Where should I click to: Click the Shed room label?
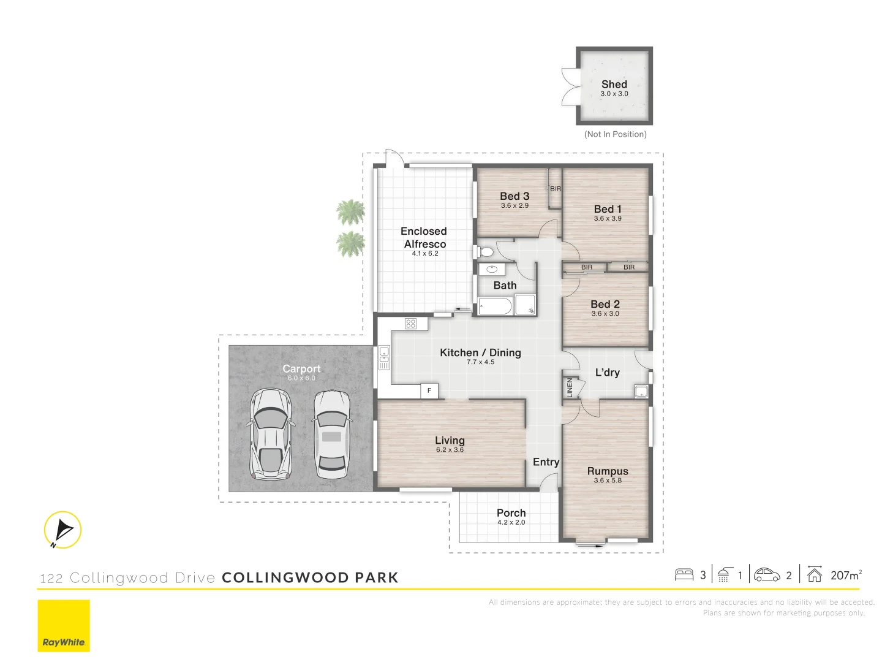pos(614,85)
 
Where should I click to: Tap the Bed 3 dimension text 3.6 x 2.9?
pos(514,206)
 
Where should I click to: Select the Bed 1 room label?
pos(607,209)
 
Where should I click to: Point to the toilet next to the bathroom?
pos(486,252)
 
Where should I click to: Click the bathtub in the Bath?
pos(495,306)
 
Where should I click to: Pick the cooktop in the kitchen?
pos(411,324)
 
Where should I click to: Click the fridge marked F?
pos(429,390)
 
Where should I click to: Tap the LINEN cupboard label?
pos(570,387)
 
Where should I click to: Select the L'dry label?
pos(607,372)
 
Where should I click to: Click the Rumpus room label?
pos(608,471)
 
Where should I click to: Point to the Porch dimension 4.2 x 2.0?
pos(511,523)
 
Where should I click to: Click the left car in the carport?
pos(270,433)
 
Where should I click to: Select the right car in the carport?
pos(331,434)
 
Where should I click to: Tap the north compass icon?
pos(62,530)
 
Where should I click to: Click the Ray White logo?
pos(64,626)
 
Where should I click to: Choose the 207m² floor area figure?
pos(846,576)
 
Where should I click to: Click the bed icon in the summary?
pos(684,575)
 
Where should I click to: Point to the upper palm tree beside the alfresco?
pos(351,212)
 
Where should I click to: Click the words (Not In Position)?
pos(615,134)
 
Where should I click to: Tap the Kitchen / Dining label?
pos(480,352)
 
